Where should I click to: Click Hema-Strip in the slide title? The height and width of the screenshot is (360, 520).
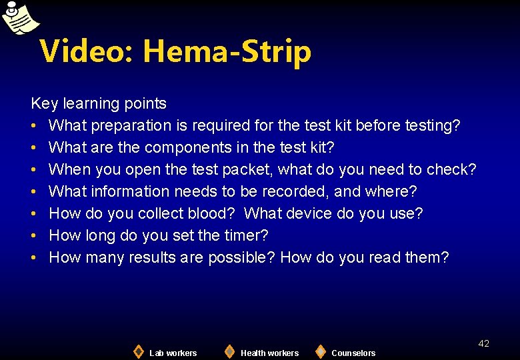coord(227,51)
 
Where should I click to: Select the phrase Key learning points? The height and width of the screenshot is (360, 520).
coord(99,103)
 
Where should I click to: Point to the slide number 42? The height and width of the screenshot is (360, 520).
coord(484,343)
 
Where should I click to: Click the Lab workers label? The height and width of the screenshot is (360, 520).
coord(173,353)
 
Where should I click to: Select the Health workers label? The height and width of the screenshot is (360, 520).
coord(269,353)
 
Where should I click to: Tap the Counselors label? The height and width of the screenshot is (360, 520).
coord(353,353)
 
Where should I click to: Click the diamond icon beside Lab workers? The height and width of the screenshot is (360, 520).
coord(138,351)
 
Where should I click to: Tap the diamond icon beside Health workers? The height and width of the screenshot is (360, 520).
coord(229,351)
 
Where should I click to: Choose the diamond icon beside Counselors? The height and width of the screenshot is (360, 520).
coord(321,351)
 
